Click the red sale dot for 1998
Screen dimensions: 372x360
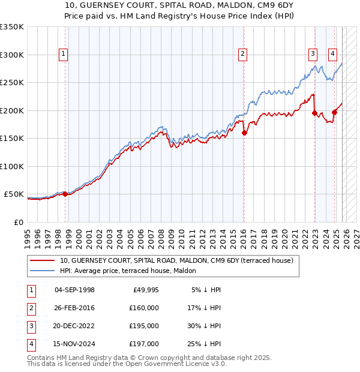coord(65,194)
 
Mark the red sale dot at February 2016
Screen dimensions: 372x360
coord(244,133)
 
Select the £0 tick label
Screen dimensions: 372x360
coord(18,222)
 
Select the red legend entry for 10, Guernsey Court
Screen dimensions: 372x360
coord(176,260)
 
